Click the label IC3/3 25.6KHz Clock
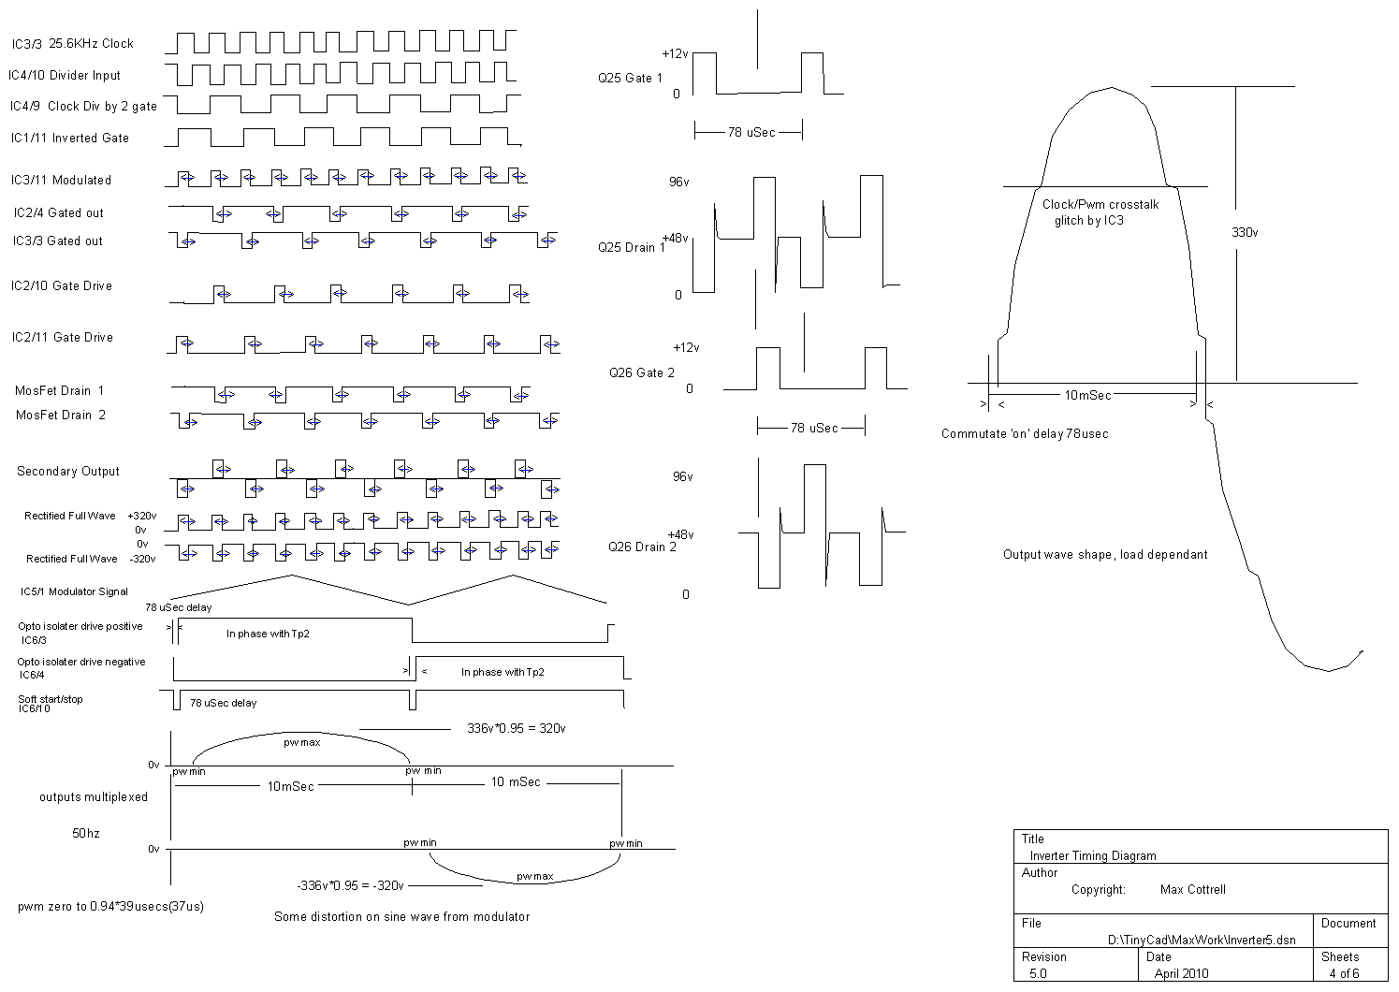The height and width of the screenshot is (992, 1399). click(73, 44)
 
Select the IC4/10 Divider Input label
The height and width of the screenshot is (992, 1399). click(65, 75)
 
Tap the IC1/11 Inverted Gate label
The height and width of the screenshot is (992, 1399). click(70, 138)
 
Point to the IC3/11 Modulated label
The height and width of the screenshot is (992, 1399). click(61, 180)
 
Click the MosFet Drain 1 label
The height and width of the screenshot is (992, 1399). click(60, 390)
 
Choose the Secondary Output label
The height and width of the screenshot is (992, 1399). click(68, 471)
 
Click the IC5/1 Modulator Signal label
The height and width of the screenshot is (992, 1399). click(75, 591)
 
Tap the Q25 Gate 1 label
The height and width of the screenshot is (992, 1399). click(630, 78)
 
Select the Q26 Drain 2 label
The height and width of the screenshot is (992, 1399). click(642, 547)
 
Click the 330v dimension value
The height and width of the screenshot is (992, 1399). click(1245, 232)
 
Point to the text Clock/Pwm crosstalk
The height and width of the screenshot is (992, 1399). click(1100, 204)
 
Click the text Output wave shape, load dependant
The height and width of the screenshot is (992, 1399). click(1105, 554)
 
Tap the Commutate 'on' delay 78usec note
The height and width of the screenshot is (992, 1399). click(1025, 433)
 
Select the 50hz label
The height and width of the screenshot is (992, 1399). click(86, 832)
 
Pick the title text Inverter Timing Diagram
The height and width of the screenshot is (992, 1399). click(1093, 855)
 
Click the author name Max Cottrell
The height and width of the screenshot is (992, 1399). click(1192, 889)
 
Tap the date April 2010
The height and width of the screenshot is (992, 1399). click(1181, 973)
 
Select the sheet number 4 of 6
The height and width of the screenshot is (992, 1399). click(1344, 973)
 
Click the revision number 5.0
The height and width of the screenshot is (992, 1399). click(1038, 973)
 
